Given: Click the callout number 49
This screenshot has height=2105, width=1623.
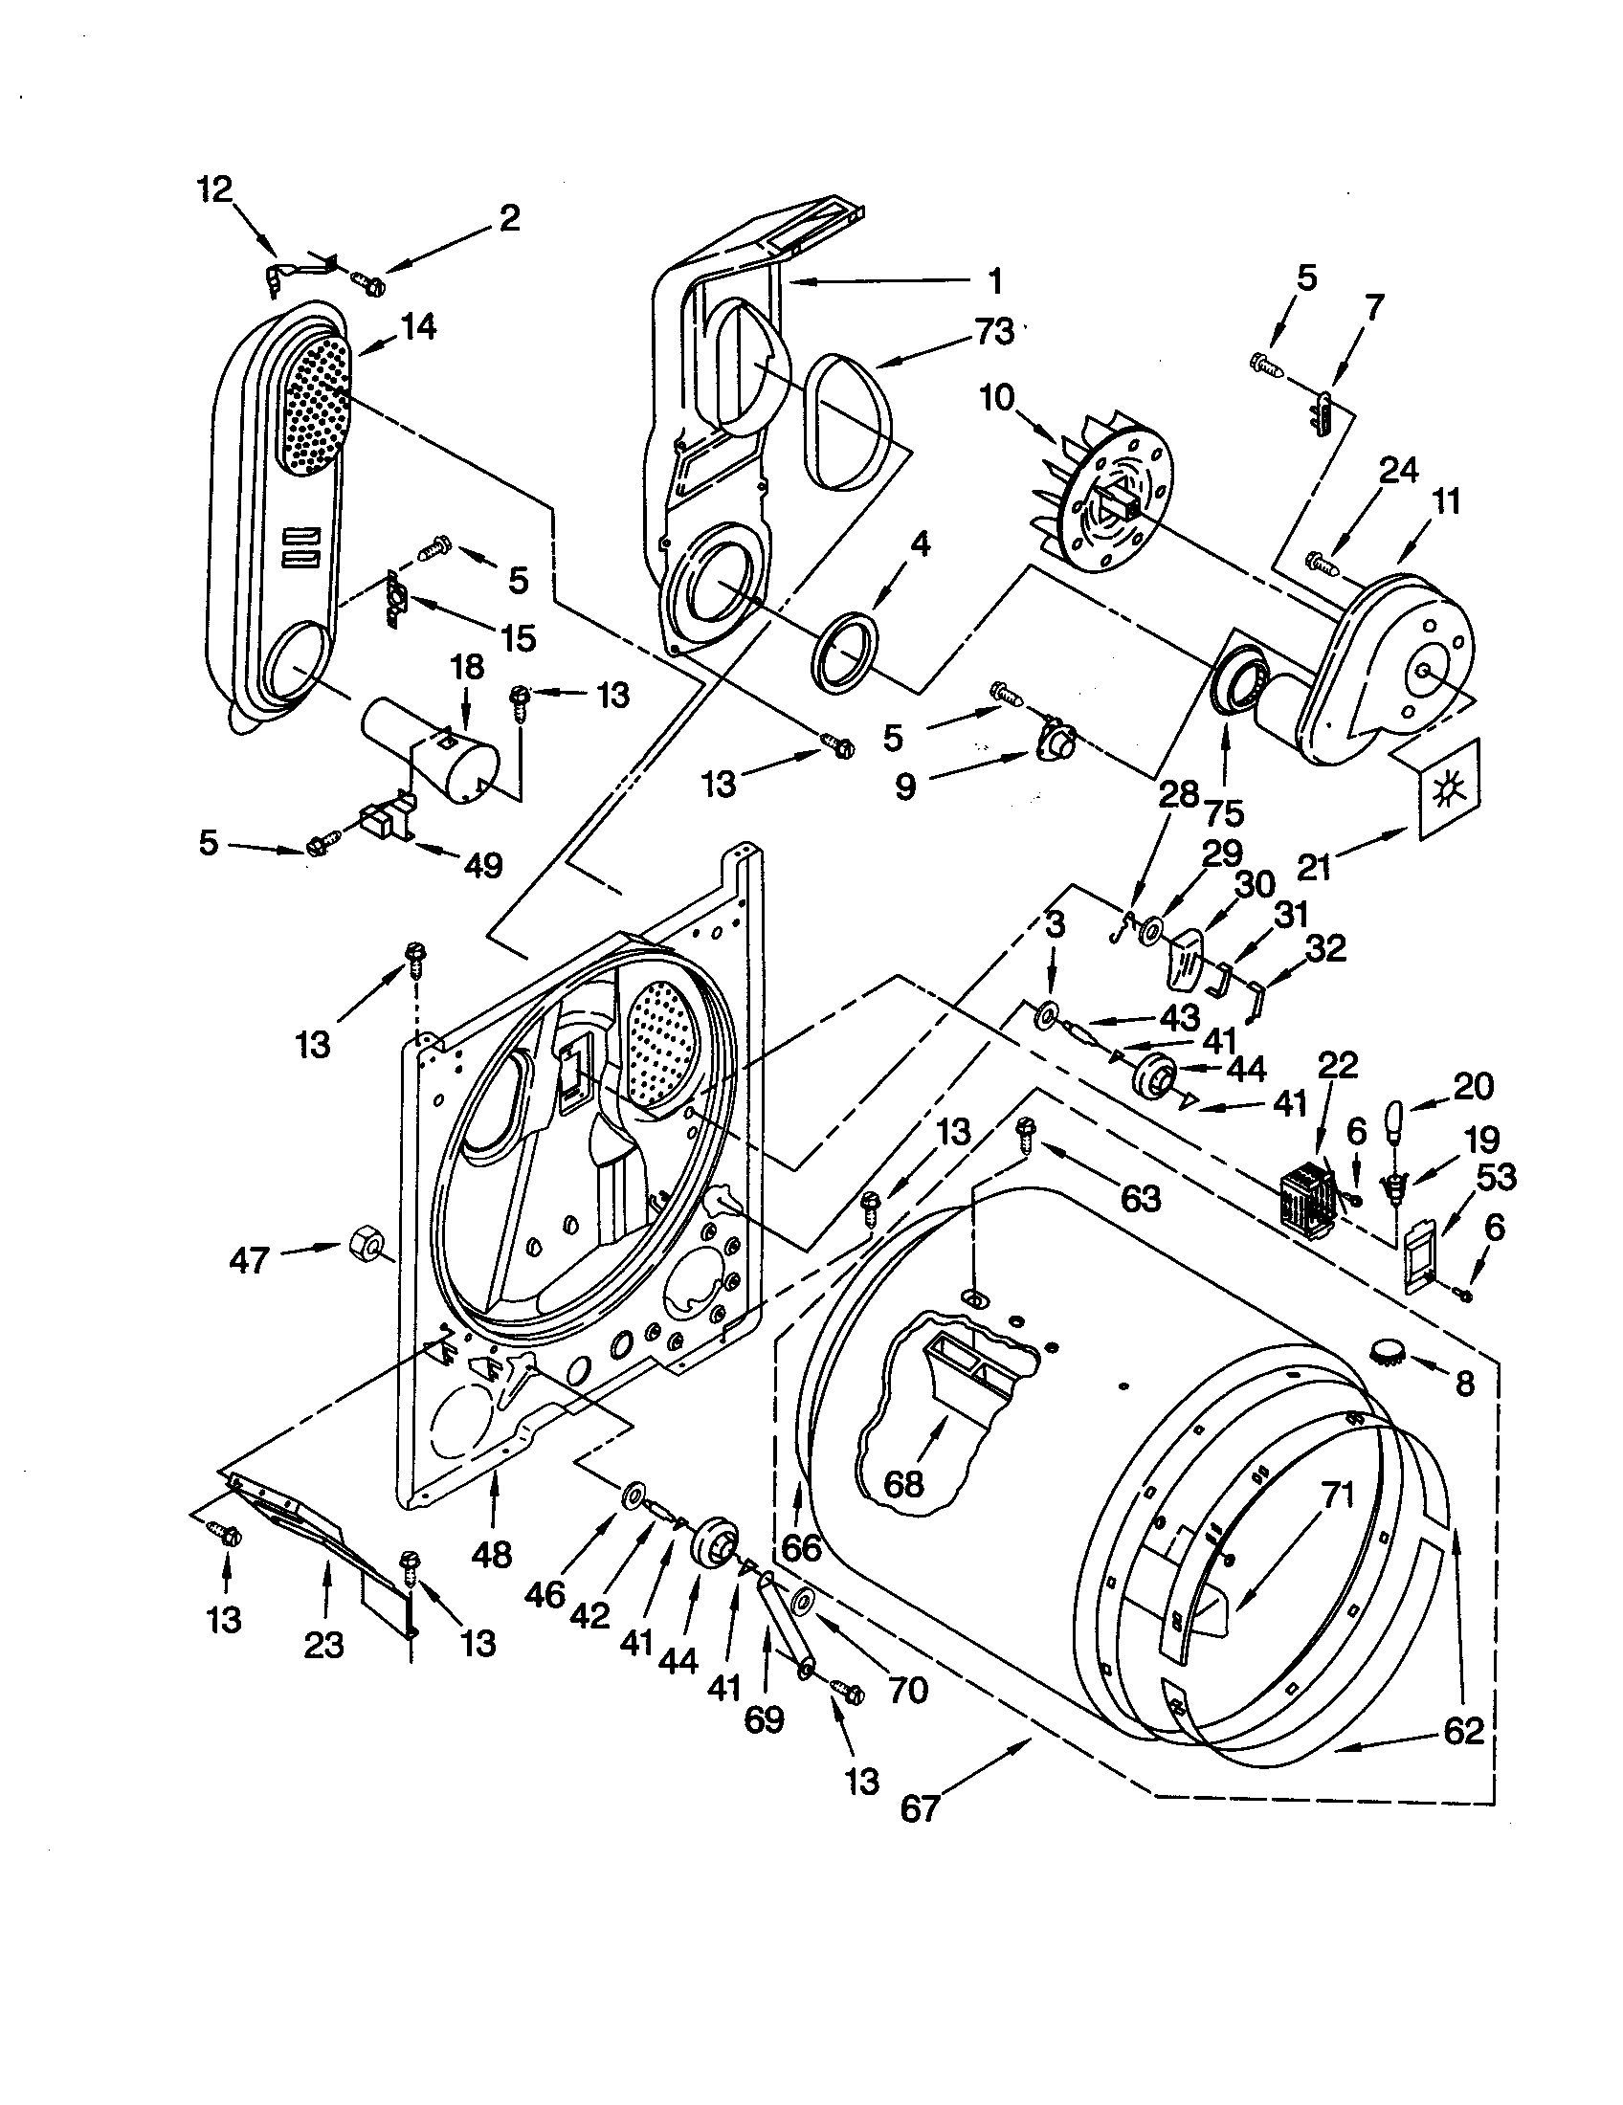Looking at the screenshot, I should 483,865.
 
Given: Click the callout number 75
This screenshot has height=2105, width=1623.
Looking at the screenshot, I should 1223,811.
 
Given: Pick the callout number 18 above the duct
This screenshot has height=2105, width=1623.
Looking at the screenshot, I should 466,667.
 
